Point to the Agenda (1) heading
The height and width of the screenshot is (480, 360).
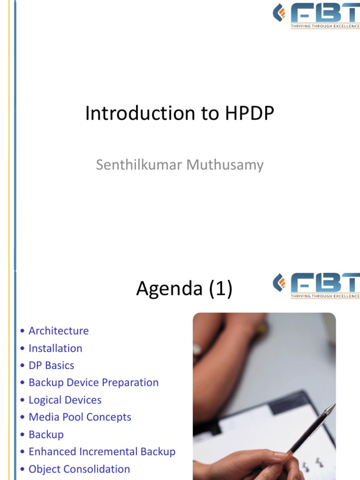pos(184,290)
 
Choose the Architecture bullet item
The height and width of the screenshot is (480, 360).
pos(59,330)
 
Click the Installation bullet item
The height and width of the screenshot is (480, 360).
pos(55,348)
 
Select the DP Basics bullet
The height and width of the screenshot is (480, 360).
pos(51,365)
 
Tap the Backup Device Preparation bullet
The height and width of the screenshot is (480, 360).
pos(94,382)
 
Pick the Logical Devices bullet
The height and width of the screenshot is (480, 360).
pos(65,400)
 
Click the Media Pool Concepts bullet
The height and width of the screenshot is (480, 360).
pos(80,417)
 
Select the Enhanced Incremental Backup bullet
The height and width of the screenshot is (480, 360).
pos(102,452)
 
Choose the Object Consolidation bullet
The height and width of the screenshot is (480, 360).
pos(79,469)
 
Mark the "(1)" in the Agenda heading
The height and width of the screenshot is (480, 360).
pos(220,290)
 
